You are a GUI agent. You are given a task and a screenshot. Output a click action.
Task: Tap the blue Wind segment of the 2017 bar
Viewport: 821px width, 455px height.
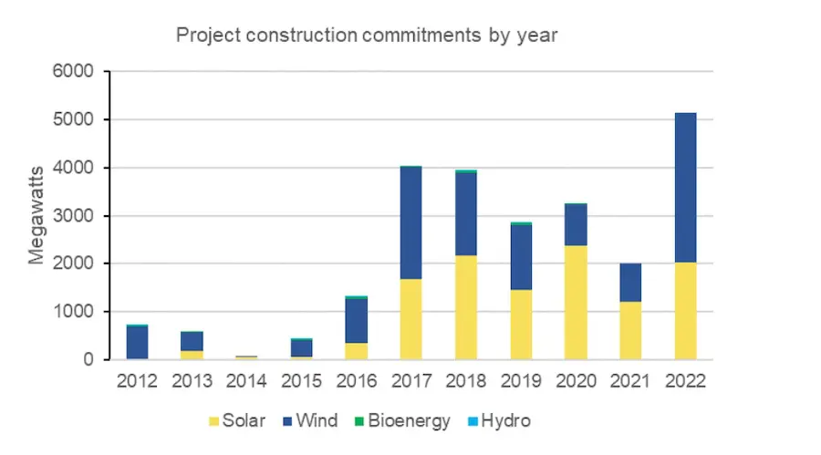410,222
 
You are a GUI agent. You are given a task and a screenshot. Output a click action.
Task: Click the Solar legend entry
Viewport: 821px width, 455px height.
237,421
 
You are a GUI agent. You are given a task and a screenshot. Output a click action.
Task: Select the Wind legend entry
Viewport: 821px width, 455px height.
310,421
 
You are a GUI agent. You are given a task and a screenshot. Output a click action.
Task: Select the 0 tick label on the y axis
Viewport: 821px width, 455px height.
89,360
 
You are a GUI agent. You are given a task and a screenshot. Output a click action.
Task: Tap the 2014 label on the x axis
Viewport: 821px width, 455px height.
246,380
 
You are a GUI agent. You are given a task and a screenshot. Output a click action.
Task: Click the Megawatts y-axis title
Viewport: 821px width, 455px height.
36,215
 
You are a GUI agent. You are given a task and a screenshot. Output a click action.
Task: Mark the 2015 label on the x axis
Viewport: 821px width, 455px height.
301,380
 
